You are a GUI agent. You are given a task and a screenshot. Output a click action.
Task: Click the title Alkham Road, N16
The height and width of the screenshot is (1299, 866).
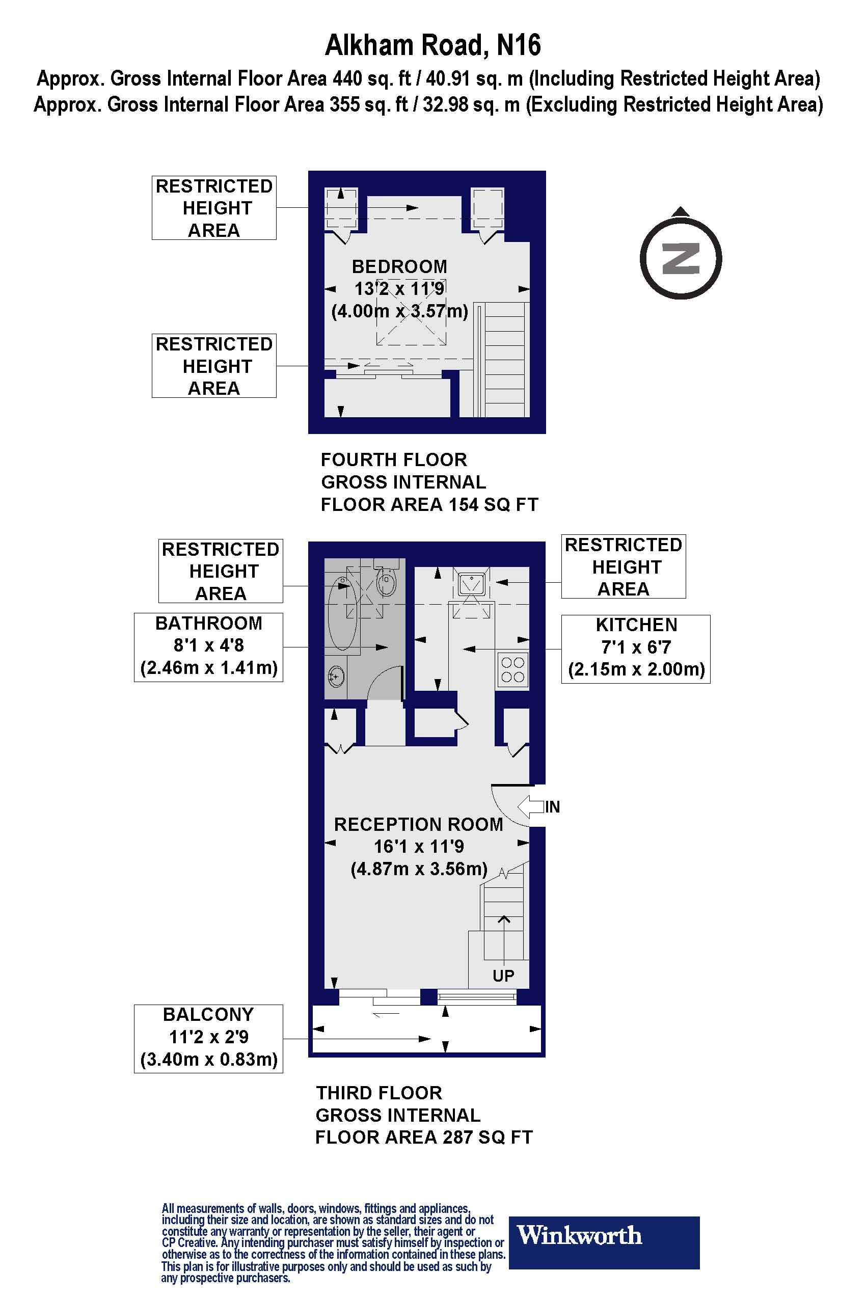432,45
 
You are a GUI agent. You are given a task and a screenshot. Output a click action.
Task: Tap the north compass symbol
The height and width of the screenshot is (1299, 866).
681,258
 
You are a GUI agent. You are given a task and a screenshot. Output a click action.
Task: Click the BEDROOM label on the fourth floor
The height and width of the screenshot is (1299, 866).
399,267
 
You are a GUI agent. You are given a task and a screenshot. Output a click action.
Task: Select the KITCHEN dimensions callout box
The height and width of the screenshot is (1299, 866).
636,649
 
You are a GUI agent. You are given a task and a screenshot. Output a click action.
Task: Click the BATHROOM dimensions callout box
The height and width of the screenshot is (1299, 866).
208,647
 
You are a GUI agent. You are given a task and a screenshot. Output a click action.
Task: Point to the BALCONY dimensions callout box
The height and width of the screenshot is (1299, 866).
208,1038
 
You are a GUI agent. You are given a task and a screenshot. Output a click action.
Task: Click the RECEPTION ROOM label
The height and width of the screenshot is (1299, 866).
418,825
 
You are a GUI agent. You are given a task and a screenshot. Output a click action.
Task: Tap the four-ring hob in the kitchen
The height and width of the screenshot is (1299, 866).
512,670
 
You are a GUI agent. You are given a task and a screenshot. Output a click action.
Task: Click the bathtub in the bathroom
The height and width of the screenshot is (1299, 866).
342,613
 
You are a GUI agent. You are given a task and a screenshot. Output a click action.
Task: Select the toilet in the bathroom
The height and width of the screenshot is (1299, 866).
387,581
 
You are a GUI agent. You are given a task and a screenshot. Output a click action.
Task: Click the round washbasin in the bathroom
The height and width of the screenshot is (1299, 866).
335,675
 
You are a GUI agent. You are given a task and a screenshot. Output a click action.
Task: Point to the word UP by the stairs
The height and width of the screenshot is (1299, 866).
503,976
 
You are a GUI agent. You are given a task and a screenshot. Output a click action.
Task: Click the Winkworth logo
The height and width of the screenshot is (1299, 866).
604,1235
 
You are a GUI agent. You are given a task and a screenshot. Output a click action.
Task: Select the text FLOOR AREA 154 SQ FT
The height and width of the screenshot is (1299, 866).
429,505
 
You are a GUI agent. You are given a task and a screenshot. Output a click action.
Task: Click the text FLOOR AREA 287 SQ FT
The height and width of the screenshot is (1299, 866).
424,1138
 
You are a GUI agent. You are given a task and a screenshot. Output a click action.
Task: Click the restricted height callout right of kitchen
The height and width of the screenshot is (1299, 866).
623,566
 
